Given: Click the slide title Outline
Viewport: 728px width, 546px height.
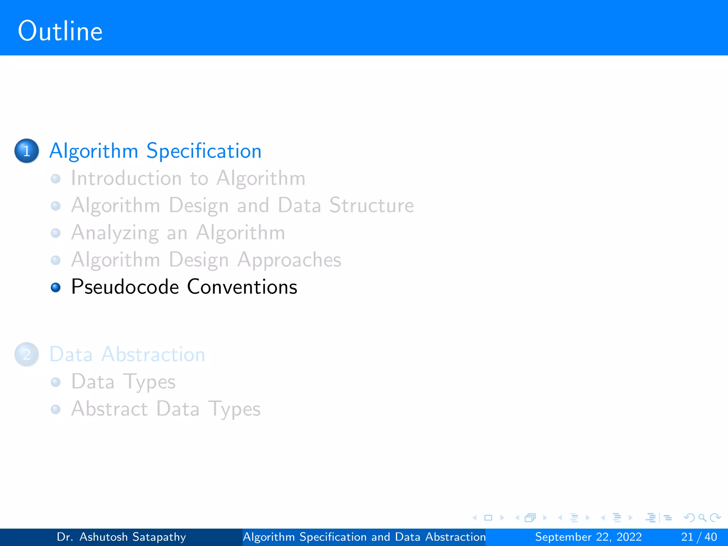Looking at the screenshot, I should pyautogui.click(x=60, y=31).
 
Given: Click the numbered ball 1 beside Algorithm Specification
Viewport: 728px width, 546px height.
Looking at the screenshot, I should pyautogui.click(x=27, y=151).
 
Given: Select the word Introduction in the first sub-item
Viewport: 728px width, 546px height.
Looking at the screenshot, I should pyautogui.click(x=126, y=178).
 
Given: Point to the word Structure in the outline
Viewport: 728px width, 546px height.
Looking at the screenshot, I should pyautogui.click(x=371, y=205).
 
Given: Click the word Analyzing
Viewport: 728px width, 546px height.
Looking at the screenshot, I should pyautogui.click(x=115, y=233).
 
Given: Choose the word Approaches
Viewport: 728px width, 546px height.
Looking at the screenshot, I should pyautogui.click(x=289, y=260).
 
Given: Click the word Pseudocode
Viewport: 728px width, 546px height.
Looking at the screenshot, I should pyautogui.click(x=125, y=287).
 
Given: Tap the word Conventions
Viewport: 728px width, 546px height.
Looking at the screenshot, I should pyautogui.click(x=242, y=287).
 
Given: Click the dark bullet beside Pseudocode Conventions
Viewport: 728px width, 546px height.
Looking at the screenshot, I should pyautogui.click(x=55, y=287).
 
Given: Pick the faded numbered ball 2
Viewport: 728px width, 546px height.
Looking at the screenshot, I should pyautogui.click(x=27, y=354).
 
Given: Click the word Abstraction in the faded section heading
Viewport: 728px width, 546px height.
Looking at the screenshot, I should pyautogui.click(x=153, y=354).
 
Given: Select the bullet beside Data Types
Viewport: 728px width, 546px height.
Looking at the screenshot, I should pyautogui.click(x=55, y=382).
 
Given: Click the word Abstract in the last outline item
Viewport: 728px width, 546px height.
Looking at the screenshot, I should pyautogui.click(x=109, y=409).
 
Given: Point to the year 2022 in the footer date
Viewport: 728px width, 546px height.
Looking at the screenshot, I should pyautogui.click(x=629, y=537).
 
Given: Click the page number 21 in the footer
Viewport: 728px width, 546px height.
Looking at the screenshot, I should pyautogui.click(x=687, y=537).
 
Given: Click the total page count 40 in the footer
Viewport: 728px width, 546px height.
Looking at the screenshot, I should pyautogui.click(x=711, y=537).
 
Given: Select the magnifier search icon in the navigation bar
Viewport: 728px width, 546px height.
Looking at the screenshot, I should pyautogui.click(x=702, y=518).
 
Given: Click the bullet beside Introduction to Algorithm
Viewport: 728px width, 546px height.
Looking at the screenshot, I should pyautogui.click(x=55, y=178).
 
